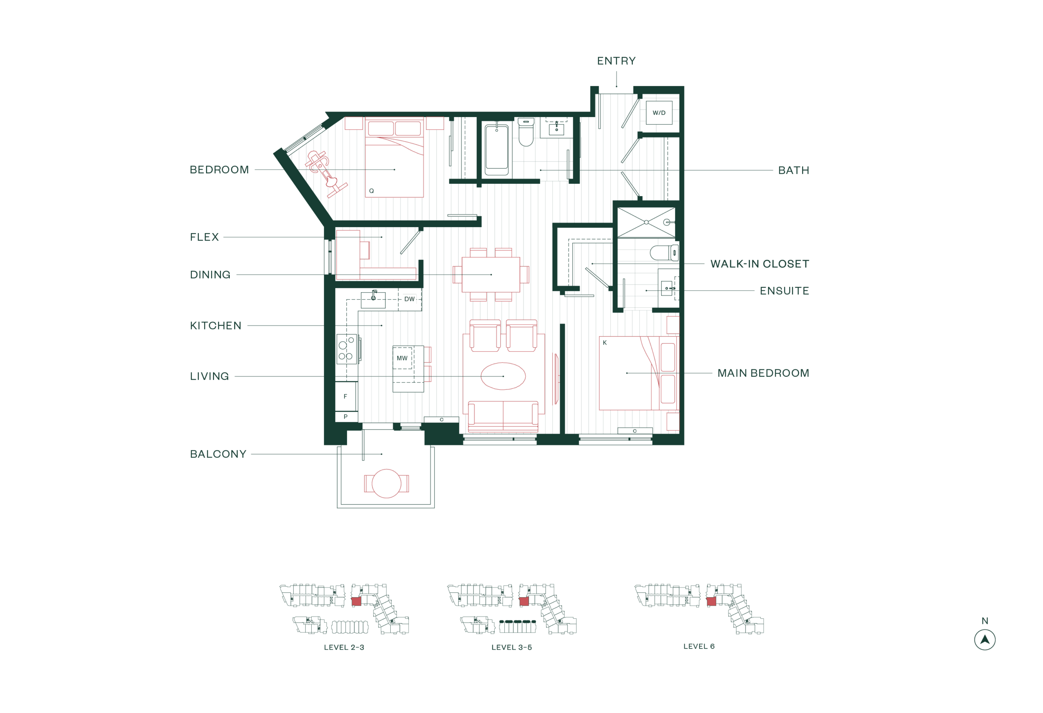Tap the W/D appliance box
tap(658, 113)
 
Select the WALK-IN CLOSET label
tap(759, 264)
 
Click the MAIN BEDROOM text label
tap(763, 373)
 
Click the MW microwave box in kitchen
tap(402, 358)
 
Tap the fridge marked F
tap(345, 396)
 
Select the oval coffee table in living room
tap(503, 376)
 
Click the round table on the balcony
tap(386, 483)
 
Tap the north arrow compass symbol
tap(984, 640)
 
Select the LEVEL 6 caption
tap(698, 646)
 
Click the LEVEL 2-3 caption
tap(344, 647)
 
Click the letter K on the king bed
tap(605, 342)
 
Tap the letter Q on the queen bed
tap(371, 191)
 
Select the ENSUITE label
tap(784, 291)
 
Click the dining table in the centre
tap(491, 274)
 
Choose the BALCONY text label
tap(218, 454)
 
